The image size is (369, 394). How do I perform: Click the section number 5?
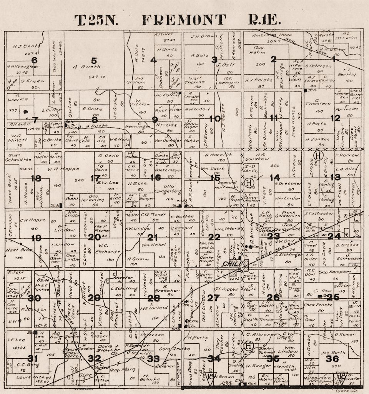pos(94,60)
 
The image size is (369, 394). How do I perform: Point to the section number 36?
pos(332,359)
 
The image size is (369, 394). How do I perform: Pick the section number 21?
pos(153,237)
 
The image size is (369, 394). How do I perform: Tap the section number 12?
pos(336,118)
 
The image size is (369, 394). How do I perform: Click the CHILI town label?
pos(231,264)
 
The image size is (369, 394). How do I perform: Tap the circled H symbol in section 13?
pos(317,156)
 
